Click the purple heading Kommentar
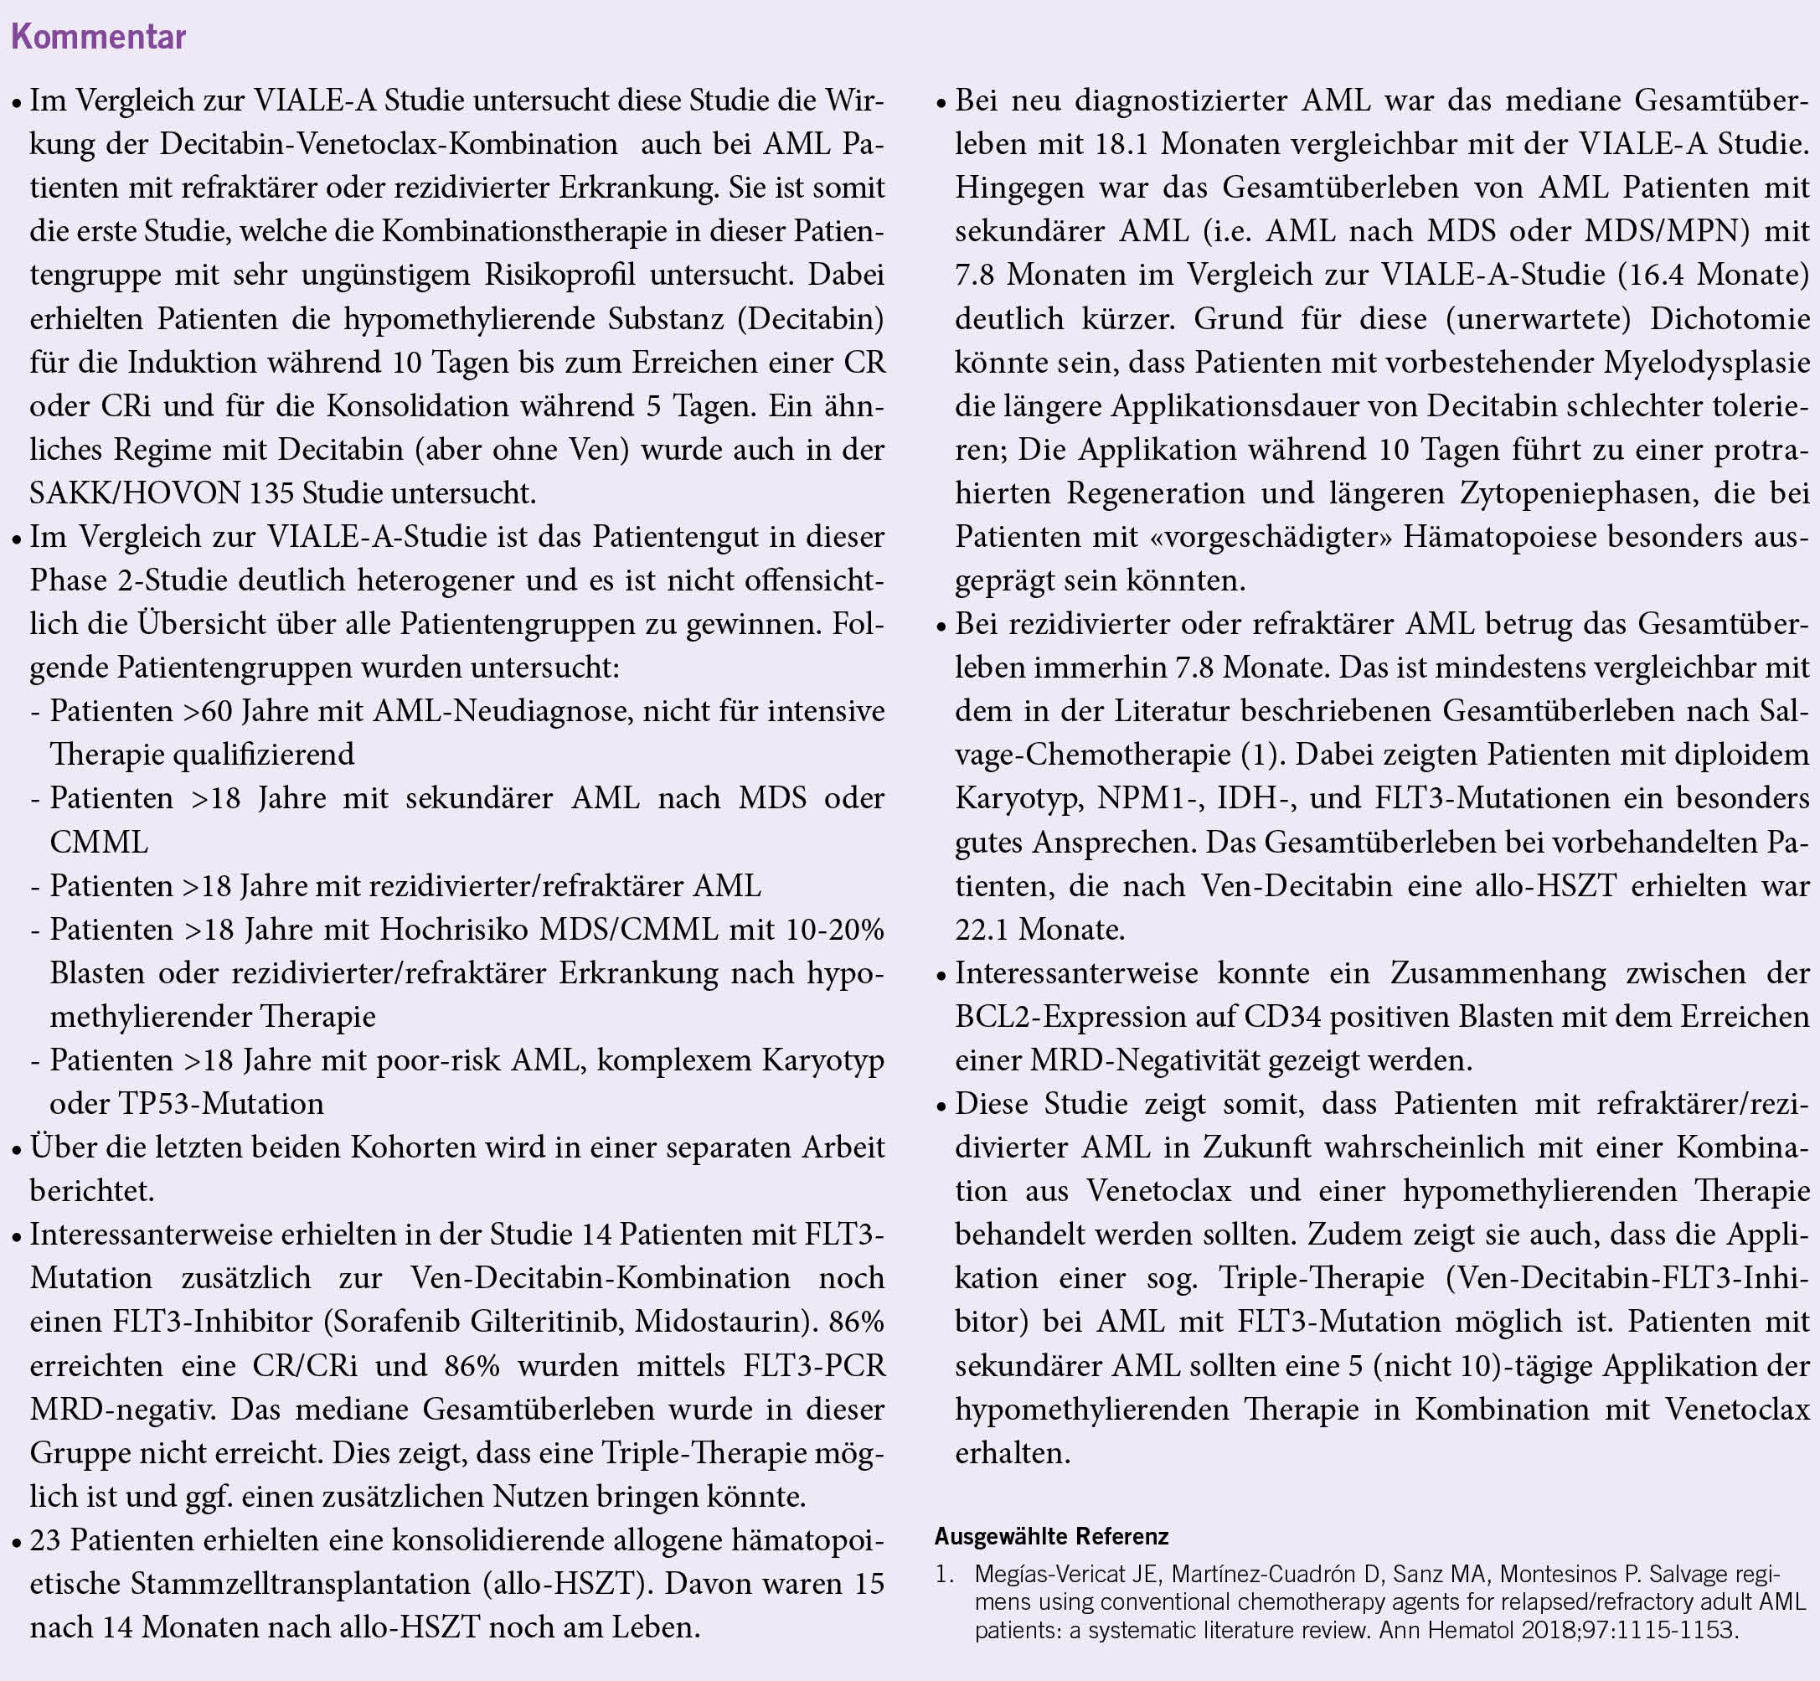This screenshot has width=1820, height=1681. (x=98, y=38)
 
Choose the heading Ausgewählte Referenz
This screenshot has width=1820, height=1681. (x=1051, y=1536)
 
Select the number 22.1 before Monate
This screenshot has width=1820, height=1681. (x=982, y=929)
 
